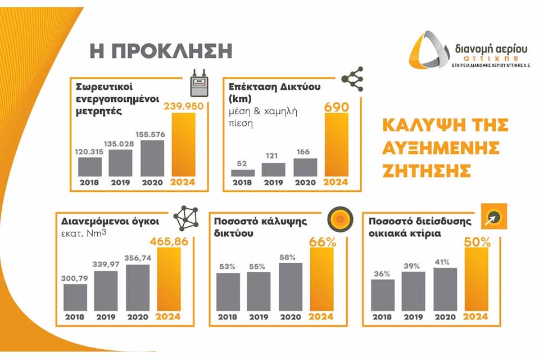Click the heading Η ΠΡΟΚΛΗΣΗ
coord(161,50)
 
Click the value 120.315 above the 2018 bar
coord(89,151)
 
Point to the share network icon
coord(352,79)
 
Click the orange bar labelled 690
coord(337,145)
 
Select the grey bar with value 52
coord(243,173)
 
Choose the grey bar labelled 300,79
coord(75,297)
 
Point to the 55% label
coord(259,265)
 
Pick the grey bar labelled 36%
coord(383,295)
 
